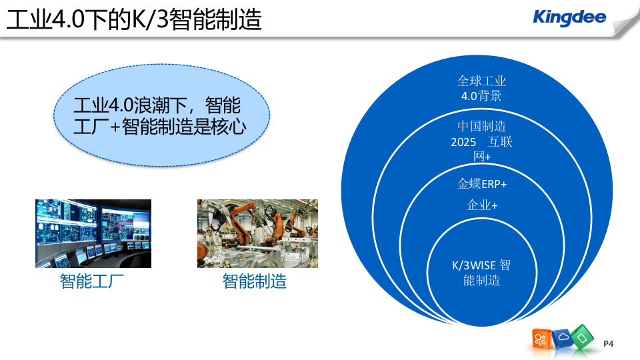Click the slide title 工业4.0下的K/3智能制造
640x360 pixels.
133,19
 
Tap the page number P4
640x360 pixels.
607,343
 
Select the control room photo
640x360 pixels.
93,233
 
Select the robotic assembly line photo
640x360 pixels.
257,233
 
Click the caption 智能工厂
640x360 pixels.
92,282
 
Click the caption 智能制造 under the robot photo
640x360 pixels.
255,282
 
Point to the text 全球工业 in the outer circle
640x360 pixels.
481,81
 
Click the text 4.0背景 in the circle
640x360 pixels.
481,96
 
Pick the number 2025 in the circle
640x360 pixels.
463,142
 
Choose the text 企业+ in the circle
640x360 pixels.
481,205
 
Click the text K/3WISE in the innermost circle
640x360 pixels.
473,265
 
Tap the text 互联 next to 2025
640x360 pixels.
500,142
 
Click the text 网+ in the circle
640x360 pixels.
481,157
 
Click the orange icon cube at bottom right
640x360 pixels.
540,339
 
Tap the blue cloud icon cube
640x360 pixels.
561,337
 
